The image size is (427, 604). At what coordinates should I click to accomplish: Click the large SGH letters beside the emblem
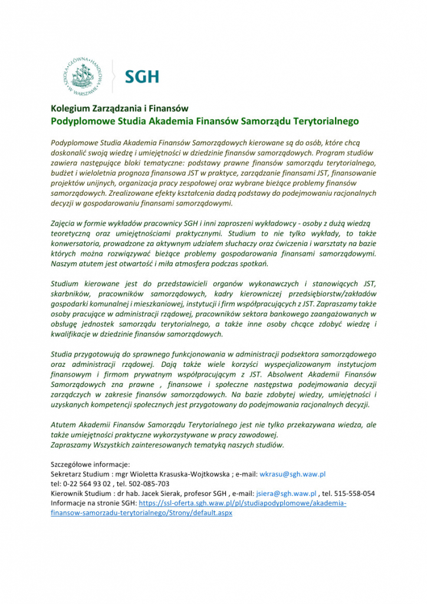point(142,77)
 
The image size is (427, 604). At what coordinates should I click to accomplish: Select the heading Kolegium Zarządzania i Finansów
point(119,109)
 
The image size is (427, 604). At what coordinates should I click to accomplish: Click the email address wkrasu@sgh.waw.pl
point(293,474)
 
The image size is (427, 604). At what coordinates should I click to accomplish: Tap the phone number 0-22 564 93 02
point(79,484)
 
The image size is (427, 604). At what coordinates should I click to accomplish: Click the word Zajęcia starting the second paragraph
point(64,222)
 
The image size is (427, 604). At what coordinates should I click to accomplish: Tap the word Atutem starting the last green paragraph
point(64,425)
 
